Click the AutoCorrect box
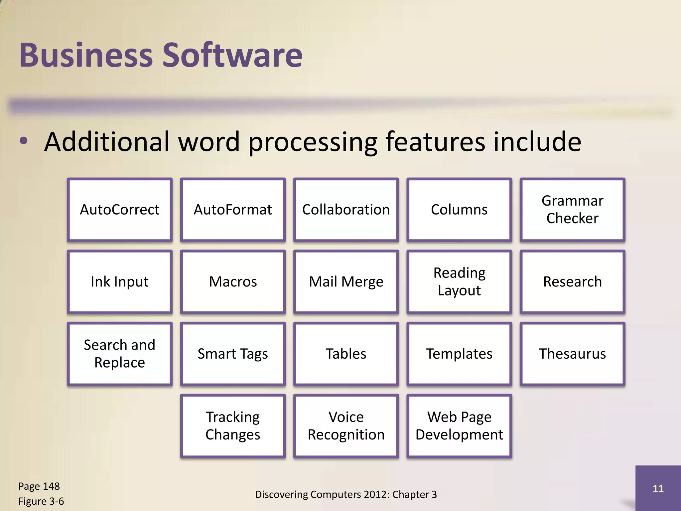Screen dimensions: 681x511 point(120,210)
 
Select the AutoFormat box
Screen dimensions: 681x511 point(233,210)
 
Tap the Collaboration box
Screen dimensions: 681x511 point(346,210)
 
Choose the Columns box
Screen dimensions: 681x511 point(459,210)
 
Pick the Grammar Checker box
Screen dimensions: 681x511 point(572,210)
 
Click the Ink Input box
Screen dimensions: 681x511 point(120,282)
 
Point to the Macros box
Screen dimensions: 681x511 point(233,282)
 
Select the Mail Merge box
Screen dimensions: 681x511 point(346,282)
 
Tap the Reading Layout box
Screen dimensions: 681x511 point(459,282)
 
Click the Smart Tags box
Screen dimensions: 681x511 point(233,354)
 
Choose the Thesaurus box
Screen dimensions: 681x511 point(572,354)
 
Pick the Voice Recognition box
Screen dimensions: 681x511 point(346,426)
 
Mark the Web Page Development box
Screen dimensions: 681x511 point(459,426)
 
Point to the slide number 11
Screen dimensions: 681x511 point(658,488)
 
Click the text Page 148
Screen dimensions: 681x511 point(39,486)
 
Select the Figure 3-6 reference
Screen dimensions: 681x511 point(41,501)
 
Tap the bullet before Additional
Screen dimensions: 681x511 point(24,141)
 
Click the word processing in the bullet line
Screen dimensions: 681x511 point(313,142)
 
